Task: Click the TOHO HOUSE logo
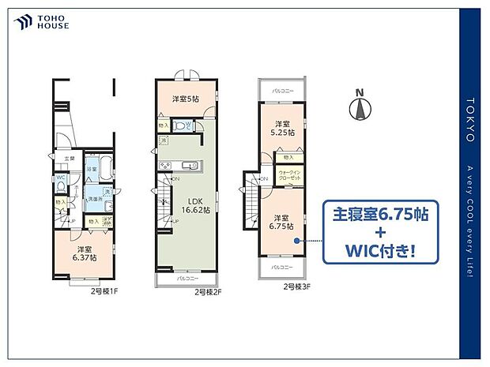[43, 21]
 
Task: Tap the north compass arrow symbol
[360, 108]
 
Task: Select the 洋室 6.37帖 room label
[81, 253]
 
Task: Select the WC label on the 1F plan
[60, 178]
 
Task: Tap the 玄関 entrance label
[70, 158]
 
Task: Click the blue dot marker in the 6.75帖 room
[296, 241]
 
